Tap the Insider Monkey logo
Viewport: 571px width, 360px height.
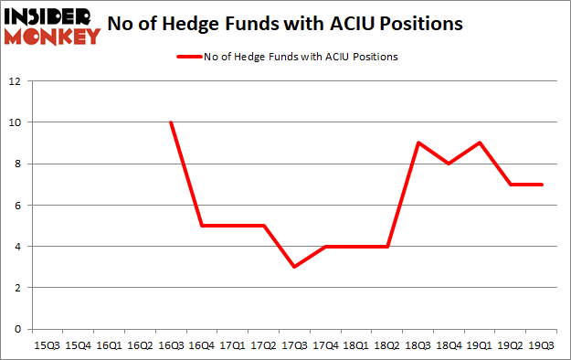(52, 25)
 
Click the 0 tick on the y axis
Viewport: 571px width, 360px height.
(18, 329)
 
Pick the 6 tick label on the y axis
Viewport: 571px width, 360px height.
(18, 205)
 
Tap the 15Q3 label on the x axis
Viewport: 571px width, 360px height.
(48, 346)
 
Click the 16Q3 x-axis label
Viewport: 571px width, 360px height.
(170, 346)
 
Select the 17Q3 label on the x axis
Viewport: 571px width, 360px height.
(293, 346)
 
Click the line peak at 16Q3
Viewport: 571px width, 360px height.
(170, 122)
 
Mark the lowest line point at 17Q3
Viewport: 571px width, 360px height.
(293, 267)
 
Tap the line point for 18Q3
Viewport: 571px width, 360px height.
(417, 143)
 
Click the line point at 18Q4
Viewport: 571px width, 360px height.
(447, 164)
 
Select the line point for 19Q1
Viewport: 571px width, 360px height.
(478, 143)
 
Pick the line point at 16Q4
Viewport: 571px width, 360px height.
(201, 226)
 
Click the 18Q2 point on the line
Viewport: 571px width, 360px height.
(386, 246)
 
